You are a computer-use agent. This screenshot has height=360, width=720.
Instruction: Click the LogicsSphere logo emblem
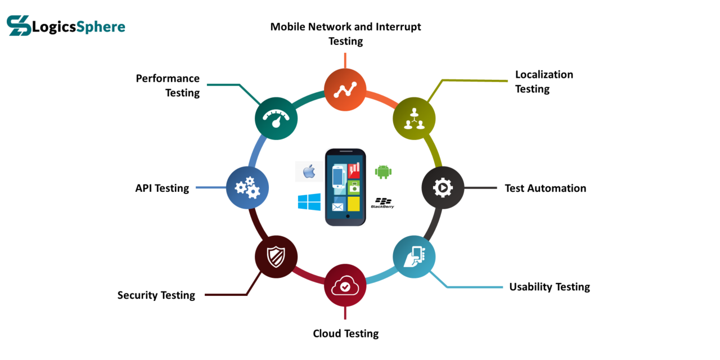click(x=19, y=26)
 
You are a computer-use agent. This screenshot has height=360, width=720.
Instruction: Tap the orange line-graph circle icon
click(x=345, y=90)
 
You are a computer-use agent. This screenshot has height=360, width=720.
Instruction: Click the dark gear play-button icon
click(x=443, y=188)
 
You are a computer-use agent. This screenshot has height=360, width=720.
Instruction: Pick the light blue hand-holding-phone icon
click(x=414, y=257)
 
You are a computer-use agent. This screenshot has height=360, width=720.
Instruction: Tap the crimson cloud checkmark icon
click(x=345, y=286)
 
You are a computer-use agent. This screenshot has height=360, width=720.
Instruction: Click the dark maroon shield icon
click(x=276, y=257)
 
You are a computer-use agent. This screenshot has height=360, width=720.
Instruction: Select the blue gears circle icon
click(x=247, y=188)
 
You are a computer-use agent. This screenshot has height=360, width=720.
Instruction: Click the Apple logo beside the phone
click(x=309, y=171)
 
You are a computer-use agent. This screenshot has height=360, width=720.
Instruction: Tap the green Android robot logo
click(x=383, y=171)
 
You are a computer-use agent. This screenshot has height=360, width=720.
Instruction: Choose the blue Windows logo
click(x=309, y=202)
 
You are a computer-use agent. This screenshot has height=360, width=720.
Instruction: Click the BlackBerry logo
click(x=382, y=203)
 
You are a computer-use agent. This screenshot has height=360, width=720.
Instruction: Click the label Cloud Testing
click(x=345, y=334)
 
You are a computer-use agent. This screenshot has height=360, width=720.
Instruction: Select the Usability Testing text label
click(x=549, y=287)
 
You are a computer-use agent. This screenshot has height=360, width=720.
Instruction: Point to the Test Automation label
click(x=545, y=188)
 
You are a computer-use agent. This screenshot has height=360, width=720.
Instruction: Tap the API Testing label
click(x=162, y=188)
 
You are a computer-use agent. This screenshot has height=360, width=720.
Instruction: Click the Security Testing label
click(x=156, y=295)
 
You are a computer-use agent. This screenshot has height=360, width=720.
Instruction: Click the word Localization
click(x=544, y=75)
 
